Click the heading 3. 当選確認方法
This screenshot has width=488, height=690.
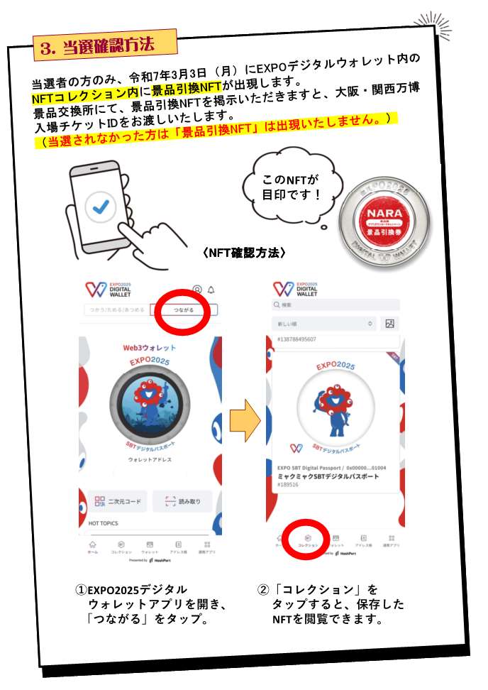pos(104,46)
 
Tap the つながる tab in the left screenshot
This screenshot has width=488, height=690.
pos(183,310)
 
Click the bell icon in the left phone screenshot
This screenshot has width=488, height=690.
pos(211,290)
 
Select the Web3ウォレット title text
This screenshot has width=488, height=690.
pos(150,349)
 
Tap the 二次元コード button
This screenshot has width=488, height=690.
pos(118,501)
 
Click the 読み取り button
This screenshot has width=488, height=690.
pos(182,501)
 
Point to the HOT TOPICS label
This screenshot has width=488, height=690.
pos(104,523)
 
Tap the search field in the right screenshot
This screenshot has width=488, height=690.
pos(336,305)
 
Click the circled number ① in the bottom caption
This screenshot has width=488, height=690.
pos(81,590)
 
